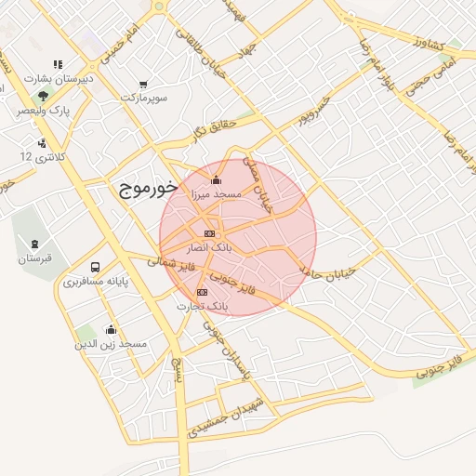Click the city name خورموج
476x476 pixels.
[148, 189]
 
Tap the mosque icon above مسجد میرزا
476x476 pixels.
[217, 179]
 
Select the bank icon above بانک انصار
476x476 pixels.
[209, 233]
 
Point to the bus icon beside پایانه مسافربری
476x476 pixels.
[97, 266]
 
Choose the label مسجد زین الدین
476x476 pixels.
[111, 344]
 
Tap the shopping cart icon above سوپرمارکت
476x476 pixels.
[142, 83]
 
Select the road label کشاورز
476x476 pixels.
[432, 46]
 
